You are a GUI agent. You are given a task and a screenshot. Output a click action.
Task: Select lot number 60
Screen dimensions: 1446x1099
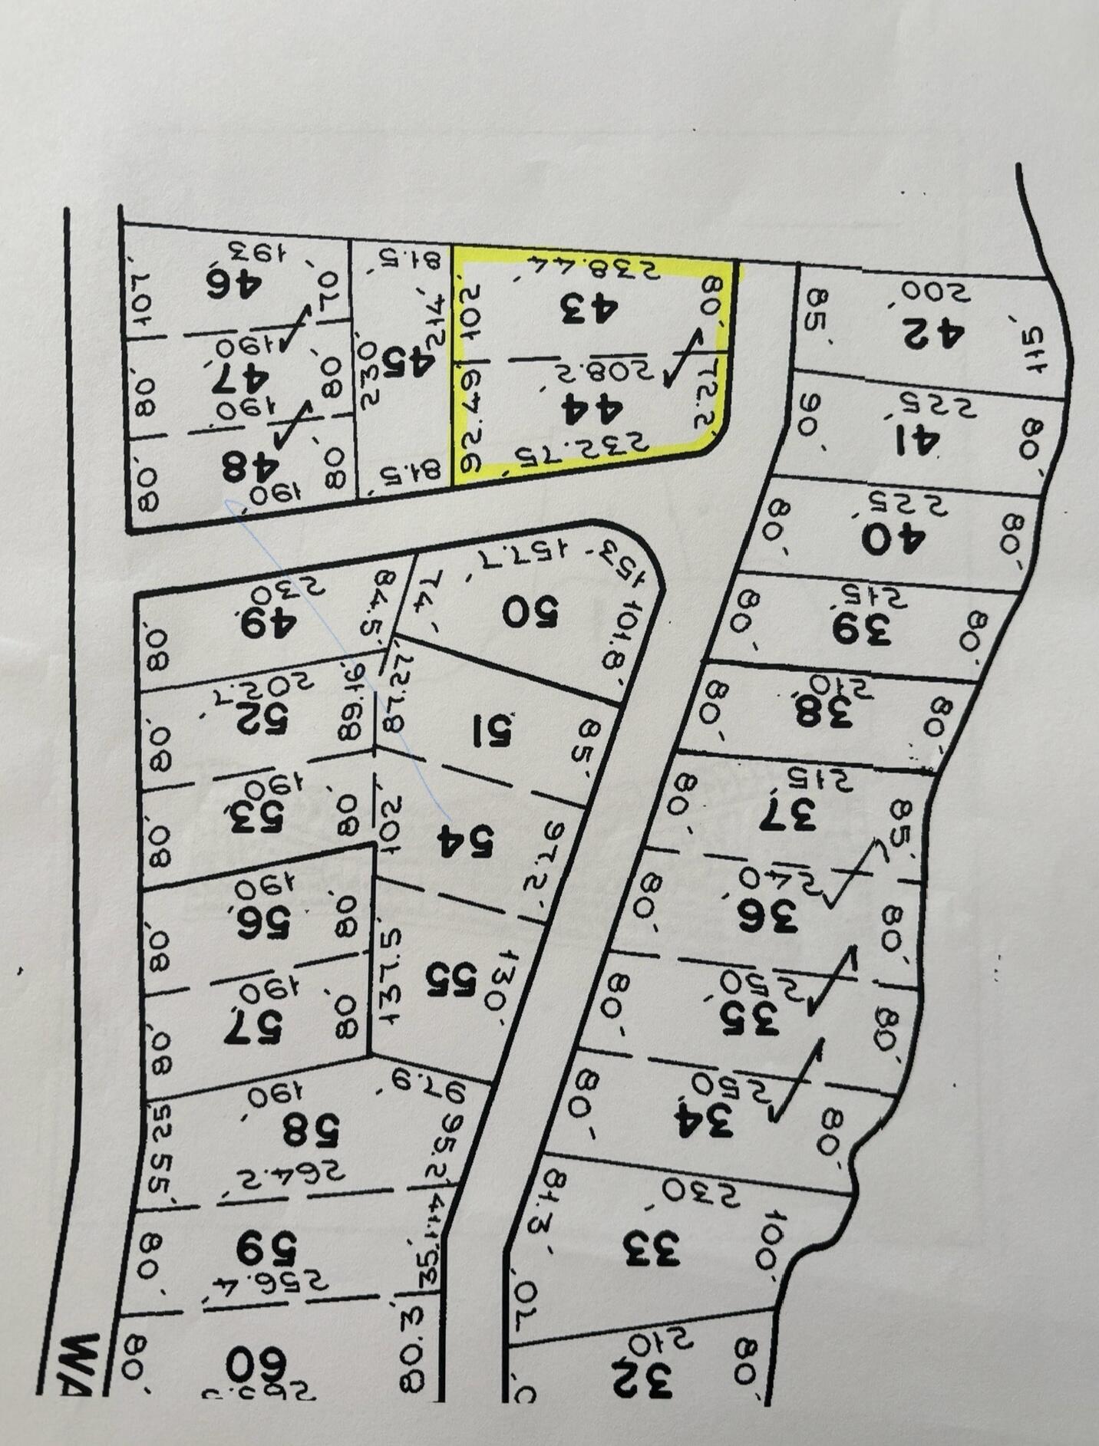coord(256,1365)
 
